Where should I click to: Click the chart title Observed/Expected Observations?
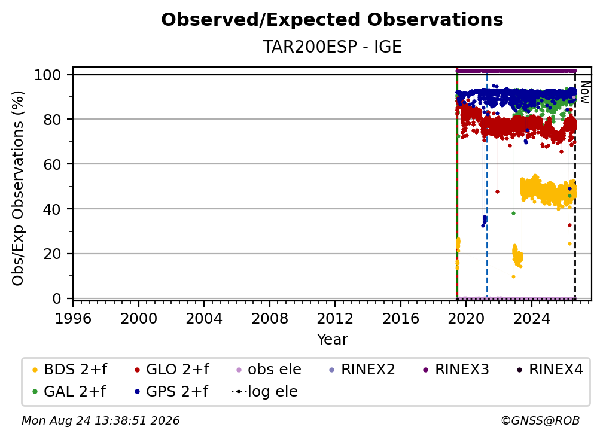point(332,20)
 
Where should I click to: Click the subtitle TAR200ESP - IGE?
point(332,47)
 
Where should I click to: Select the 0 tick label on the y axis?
point(57,298)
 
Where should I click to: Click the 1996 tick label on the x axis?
point(73,319)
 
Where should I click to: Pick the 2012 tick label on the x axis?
point(335,319)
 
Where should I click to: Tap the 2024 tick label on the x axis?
point(531,319)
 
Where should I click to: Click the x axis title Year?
point(332,340)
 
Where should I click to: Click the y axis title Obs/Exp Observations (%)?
point(18,188)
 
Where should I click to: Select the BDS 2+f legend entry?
point(69,370)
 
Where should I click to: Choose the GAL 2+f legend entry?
point(69,392)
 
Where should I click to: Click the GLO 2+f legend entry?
point(172,370)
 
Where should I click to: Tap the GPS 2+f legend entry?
point(171,392)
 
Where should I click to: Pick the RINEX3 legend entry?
point(456,370)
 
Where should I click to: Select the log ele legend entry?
point(264,392)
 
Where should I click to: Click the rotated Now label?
point(584,92)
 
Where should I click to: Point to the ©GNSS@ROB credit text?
point(540,421)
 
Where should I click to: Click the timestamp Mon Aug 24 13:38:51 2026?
point(100,421)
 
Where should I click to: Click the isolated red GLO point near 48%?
point(497,191)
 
